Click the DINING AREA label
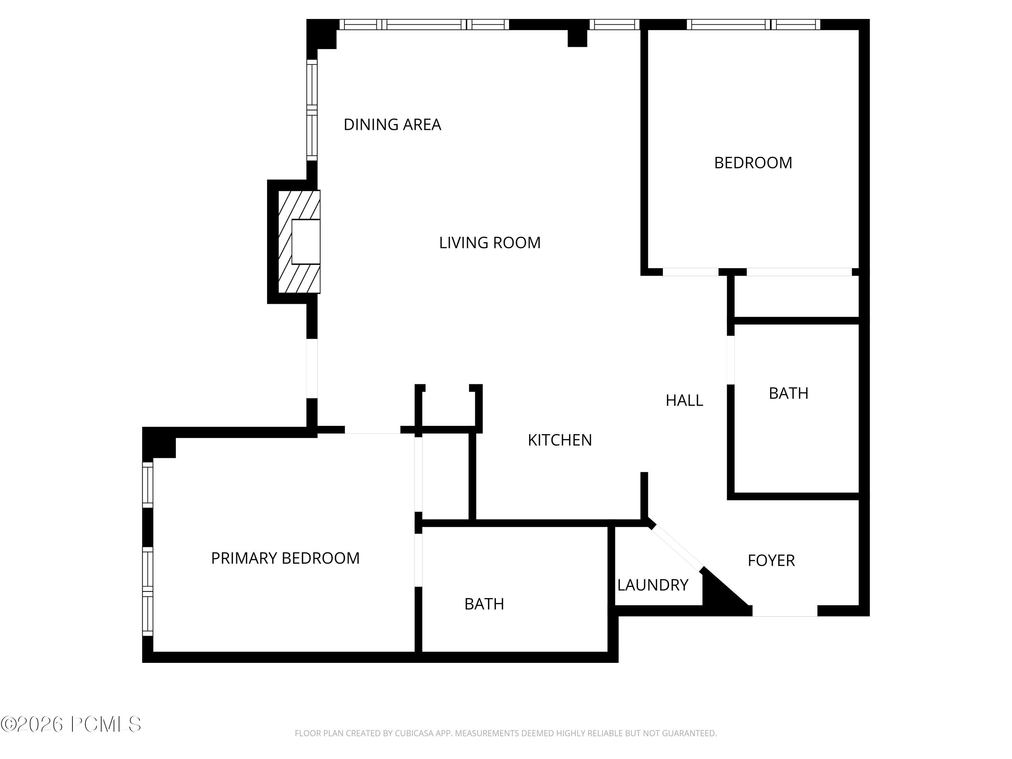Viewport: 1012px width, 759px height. (392, 124)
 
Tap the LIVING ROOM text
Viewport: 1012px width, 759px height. (489, 243)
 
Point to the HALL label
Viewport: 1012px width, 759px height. (684, 400)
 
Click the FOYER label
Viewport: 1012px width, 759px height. (771, 560)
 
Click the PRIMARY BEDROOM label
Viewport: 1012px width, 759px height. (285, 558)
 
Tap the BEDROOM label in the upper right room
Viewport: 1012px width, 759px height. (753, 163)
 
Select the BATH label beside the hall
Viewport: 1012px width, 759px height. (788, 393)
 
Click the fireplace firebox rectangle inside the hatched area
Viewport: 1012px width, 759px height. (306, 242)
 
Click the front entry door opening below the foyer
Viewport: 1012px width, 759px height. (785, 611)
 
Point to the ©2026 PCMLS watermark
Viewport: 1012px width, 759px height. (71, 724)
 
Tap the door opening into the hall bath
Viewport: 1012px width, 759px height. (731, 360)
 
